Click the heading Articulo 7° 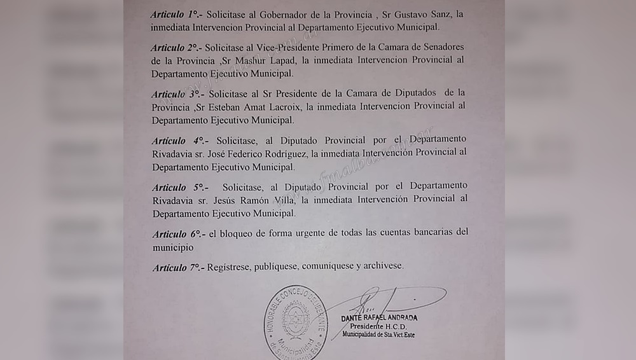tap(178, 268)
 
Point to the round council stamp tap(296, 322)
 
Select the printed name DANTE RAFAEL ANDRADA tap(379, 317)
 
